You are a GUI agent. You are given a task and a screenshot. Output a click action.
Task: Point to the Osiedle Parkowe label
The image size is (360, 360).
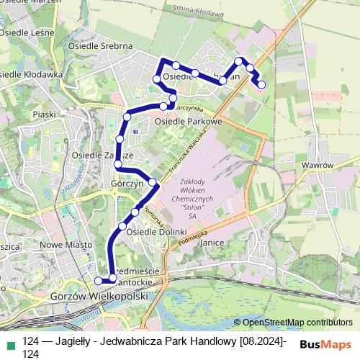(186, 122)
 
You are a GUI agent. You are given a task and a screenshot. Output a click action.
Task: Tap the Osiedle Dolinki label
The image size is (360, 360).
(156, 232)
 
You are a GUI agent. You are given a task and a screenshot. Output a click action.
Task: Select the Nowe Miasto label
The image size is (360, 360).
(63, 245)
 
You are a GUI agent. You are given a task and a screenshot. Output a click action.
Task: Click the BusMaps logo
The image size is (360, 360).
(327, 345)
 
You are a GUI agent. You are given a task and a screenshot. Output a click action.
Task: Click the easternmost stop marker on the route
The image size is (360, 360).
(261, 84)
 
